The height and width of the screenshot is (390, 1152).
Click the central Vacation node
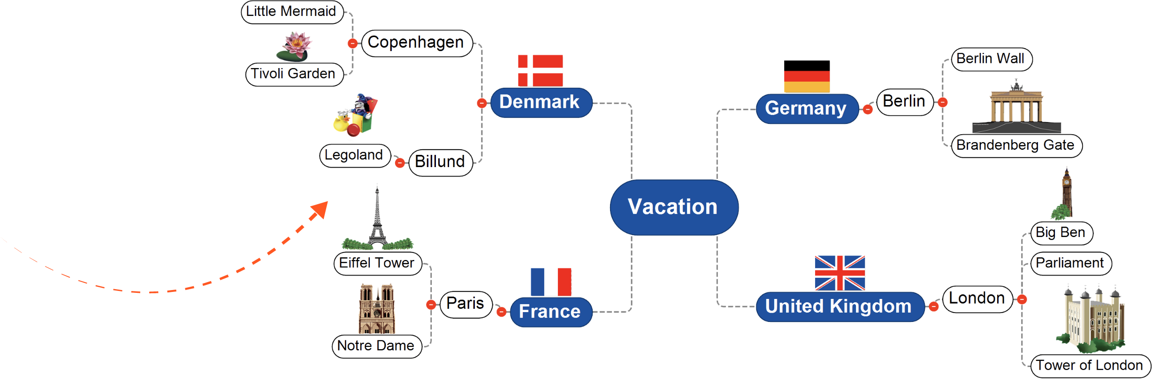[674, 207]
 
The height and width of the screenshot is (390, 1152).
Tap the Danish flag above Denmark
[540, 70]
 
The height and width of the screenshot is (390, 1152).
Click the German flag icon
[807, 77]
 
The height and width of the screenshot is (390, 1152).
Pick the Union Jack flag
[840, 273]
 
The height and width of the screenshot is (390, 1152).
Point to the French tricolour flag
[551, 282]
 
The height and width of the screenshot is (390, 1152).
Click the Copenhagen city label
[416, 43]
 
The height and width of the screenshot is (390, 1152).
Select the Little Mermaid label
[291, 11]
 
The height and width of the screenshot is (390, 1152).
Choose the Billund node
[440, 162]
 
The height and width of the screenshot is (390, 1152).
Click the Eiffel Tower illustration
[377, 221]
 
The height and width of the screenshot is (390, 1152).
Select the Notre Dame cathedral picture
[377, 308]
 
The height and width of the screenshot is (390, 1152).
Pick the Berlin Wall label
[991, 59]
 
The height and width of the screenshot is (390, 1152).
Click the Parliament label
[1070, 263]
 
